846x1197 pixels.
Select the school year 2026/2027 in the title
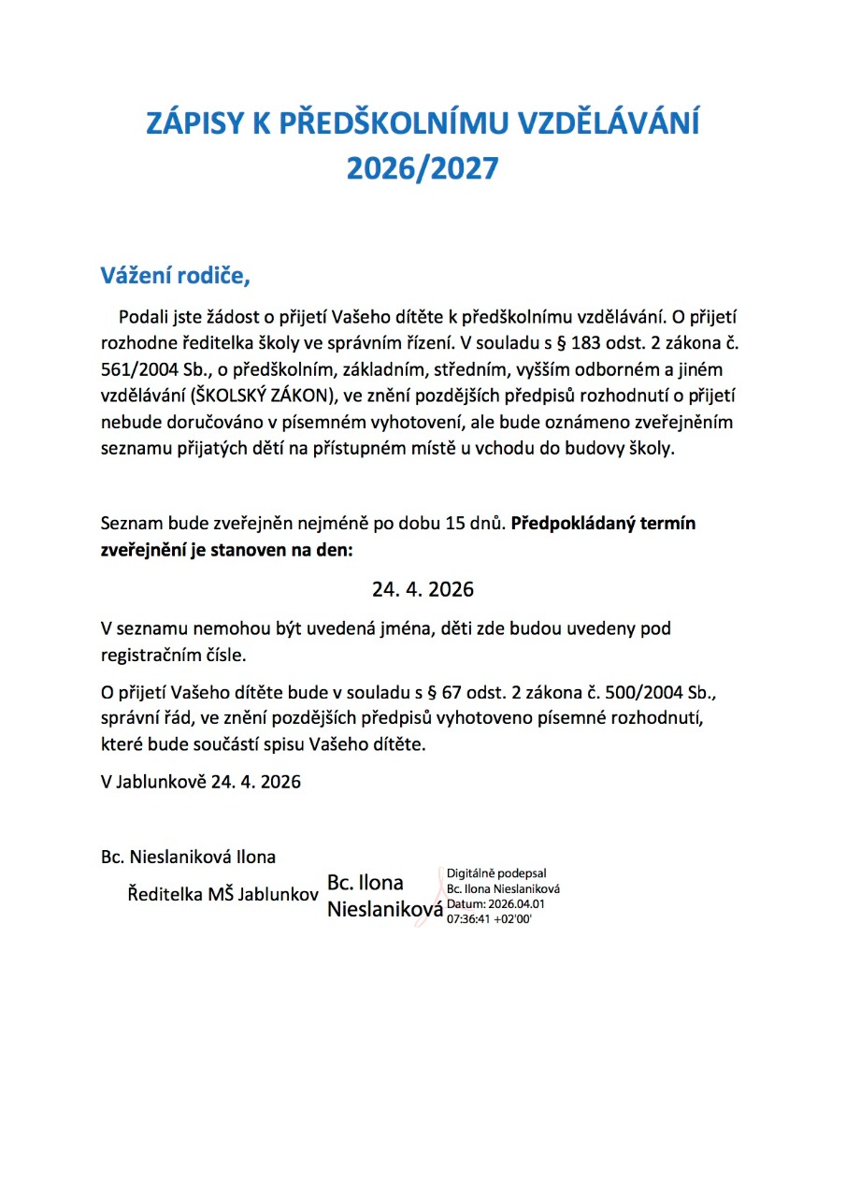coord(423,168)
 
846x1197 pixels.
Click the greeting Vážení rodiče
coord(177,277)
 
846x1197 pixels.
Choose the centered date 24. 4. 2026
coord(423,590)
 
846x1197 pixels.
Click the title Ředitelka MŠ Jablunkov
coord(223,895)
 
